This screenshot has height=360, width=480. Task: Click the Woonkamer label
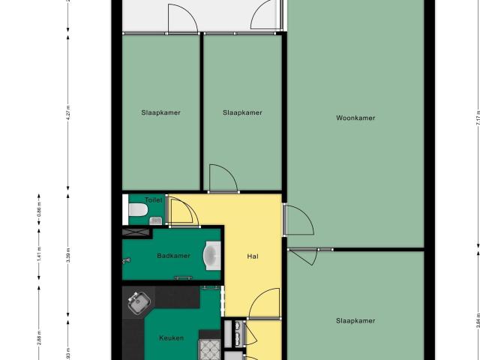tap(355, 118)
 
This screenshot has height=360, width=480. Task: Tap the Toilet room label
tap(153, 200)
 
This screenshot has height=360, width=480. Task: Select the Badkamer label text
tap(173, 256)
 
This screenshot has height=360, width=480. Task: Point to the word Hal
tap(253, 256)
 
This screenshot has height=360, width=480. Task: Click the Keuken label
tap(172, 338)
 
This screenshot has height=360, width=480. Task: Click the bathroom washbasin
tap(212, 256)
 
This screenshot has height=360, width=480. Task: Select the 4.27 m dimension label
tap(67, 112)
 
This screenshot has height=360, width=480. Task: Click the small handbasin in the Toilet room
tap(157, 220)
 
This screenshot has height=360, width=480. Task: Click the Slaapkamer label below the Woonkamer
tap(355, 321)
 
